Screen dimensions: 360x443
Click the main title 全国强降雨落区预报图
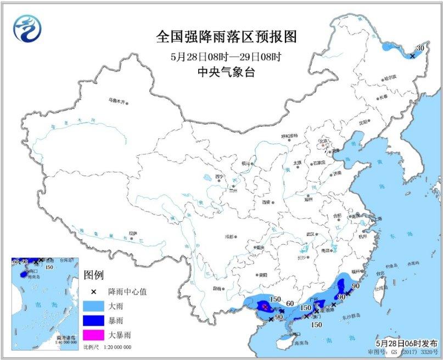pos(226,37)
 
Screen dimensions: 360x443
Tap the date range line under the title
pos(226,56)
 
